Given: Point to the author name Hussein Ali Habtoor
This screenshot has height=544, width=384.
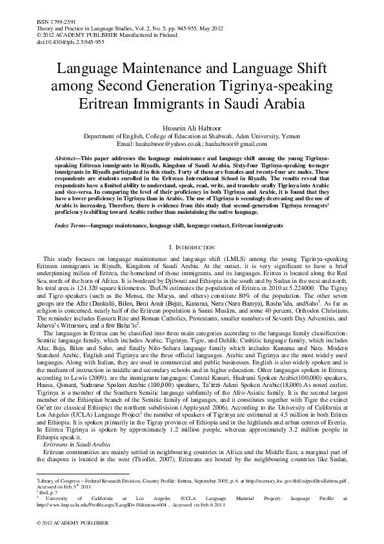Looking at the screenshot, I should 192,129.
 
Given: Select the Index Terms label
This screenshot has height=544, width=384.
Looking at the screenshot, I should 54,207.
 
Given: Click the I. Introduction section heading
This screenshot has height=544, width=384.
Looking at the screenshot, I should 191,229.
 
